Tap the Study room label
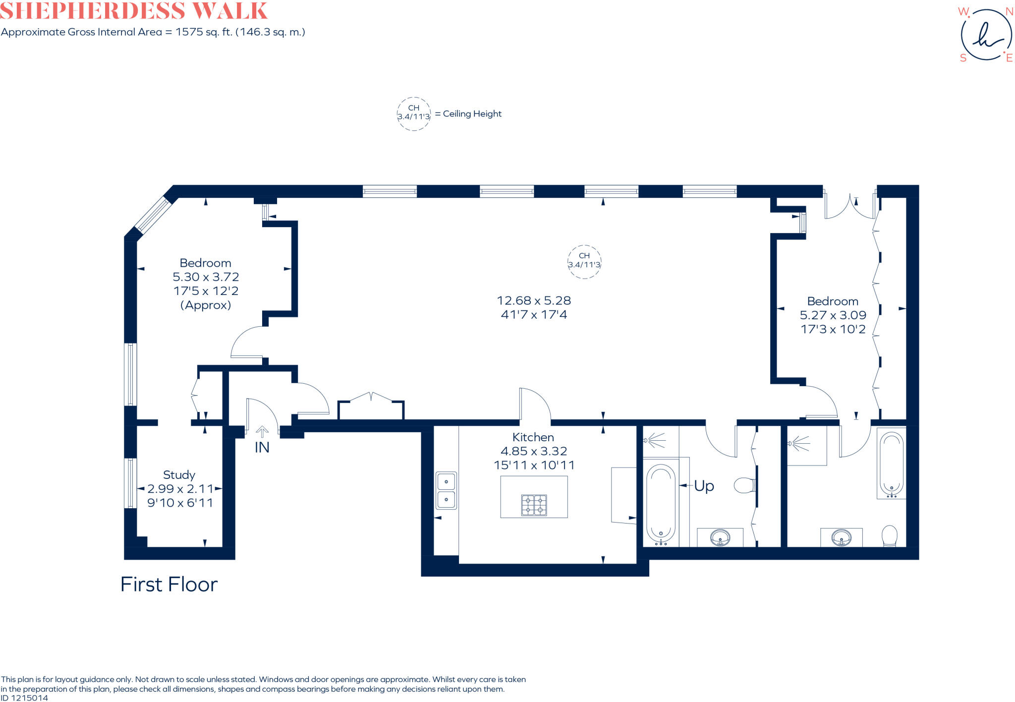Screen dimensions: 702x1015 click(x=179, y=475)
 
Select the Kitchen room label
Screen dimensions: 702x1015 click(x=533, y=437)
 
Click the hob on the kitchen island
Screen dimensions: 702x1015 click(x=534, y=505)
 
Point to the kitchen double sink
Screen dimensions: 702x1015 click(x=446, y=490)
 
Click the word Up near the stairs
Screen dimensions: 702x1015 click(x=704, y=486)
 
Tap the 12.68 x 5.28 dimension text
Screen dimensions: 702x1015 click(x=534, y=300)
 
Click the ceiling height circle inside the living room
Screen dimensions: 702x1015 click(x=584, y=261)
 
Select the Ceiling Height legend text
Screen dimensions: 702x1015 click(x=472, y=114)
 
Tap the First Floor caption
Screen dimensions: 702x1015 click(x=169, y=585)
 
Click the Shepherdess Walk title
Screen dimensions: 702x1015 click(x=134, y=11)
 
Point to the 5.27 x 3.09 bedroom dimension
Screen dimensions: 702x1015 click(x=833, y=315)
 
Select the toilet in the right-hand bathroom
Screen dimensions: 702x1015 click(x=890, y=536)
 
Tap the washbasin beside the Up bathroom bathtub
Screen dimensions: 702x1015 click(x=720, y=537)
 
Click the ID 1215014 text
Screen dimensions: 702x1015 click(x=24, y=698)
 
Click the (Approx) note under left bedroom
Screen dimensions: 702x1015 click(x=205, y=305)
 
